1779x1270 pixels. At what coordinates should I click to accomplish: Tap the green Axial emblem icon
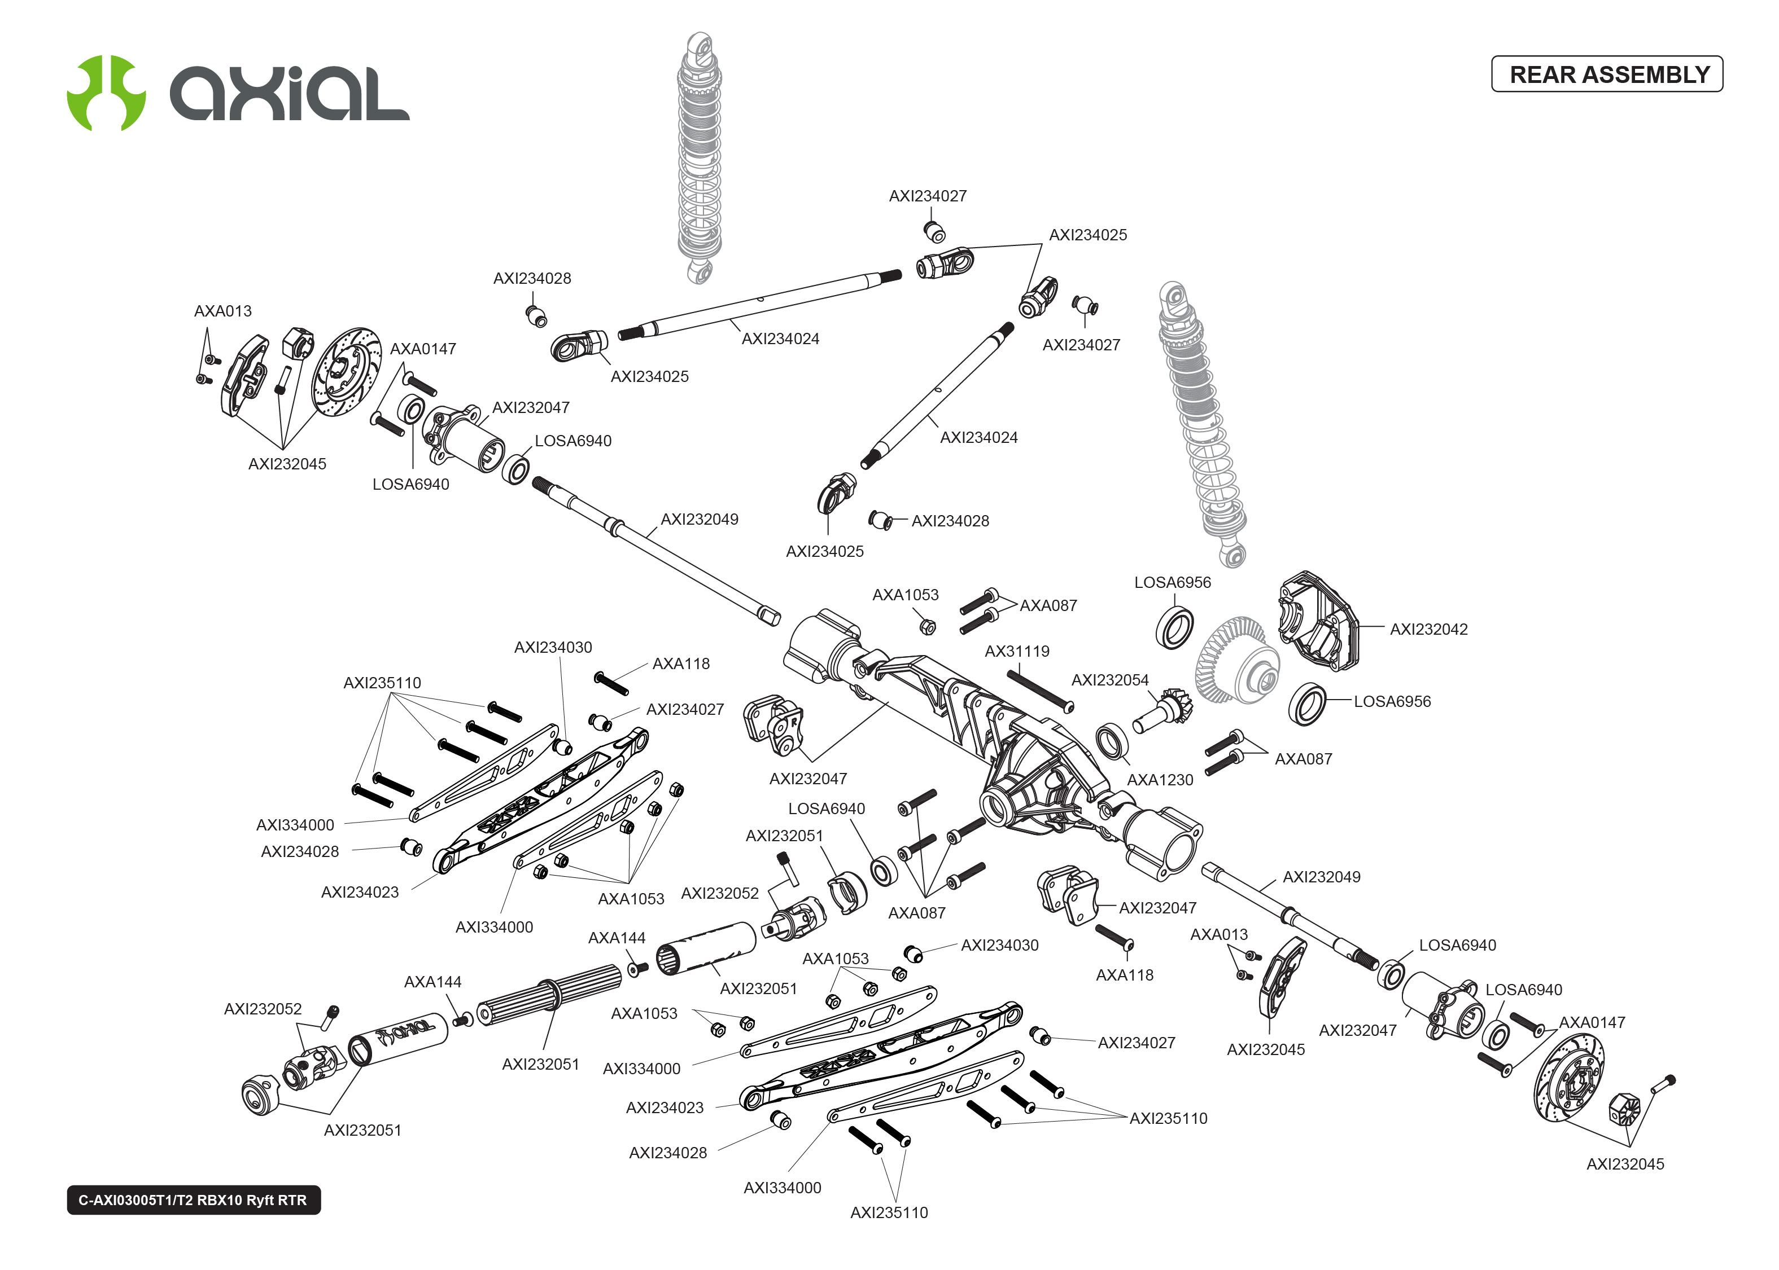click(x=106, y=93)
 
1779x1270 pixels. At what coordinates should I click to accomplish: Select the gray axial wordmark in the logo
click(x=290, y=94)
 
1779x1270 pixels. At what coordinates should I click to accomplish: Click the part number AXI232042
click(x=1428, y=630)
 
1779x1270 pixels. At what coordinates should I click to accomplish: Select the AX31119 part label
click(x=1016, y=652)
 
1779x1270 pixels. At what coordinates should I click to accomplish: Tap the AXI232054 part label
click(x=1109, y=680)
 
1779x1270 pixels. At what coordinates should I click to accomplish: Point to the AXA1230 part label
click(x=1160, y=780)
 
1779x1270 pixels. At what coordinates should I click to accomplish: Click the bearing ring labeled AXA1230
click(x=1111, y=741)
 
